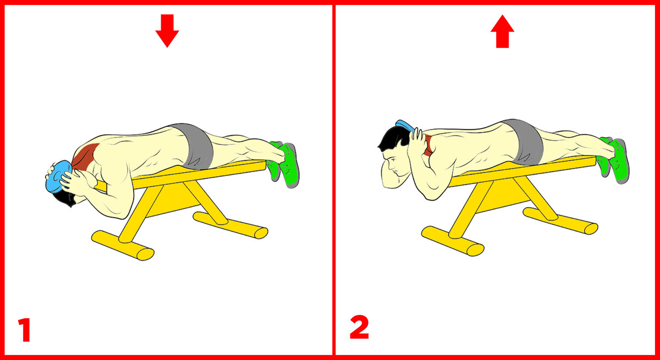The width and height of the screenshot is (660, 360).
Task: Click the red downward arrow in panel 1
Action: (167, 31)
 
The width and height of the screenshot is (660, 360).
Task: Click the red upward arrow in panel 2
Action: (502, 31)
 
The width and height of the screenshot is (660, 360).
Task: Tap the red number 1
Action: (24, 330)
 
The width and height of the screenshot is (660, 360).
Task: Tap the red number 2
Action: (359, 327)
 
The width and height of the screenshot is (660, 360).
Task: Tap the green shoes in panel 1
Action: (284, 163)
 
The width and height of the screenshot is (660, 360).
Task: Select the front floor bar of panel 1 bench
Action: (122, 245)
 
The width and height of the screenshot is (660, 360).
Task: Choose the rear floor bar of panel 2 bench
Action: (560, 221)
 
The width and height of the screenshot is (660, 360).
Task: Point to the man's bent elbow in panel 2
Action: (432, 194)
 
